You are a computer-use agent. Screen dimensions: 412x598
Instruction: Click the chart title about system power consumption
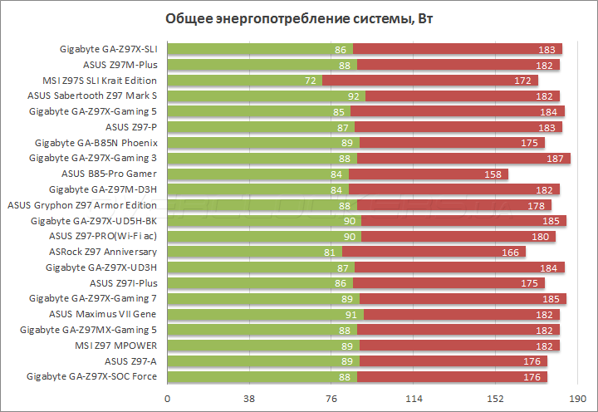298,18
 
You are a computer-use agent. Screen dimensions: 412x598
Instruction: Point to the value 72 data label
311,81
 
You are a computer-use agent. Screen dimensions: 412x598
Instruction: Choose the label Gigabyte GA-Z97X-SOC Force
92,376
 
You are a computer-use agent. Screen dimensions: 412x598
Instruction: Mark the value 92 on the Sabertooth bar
354,96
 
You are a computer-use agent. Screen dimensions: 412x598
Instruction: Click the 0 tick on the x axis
169,400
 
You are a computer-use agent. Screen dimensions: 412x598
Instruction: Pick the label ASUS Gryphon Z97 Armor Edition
82,205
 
